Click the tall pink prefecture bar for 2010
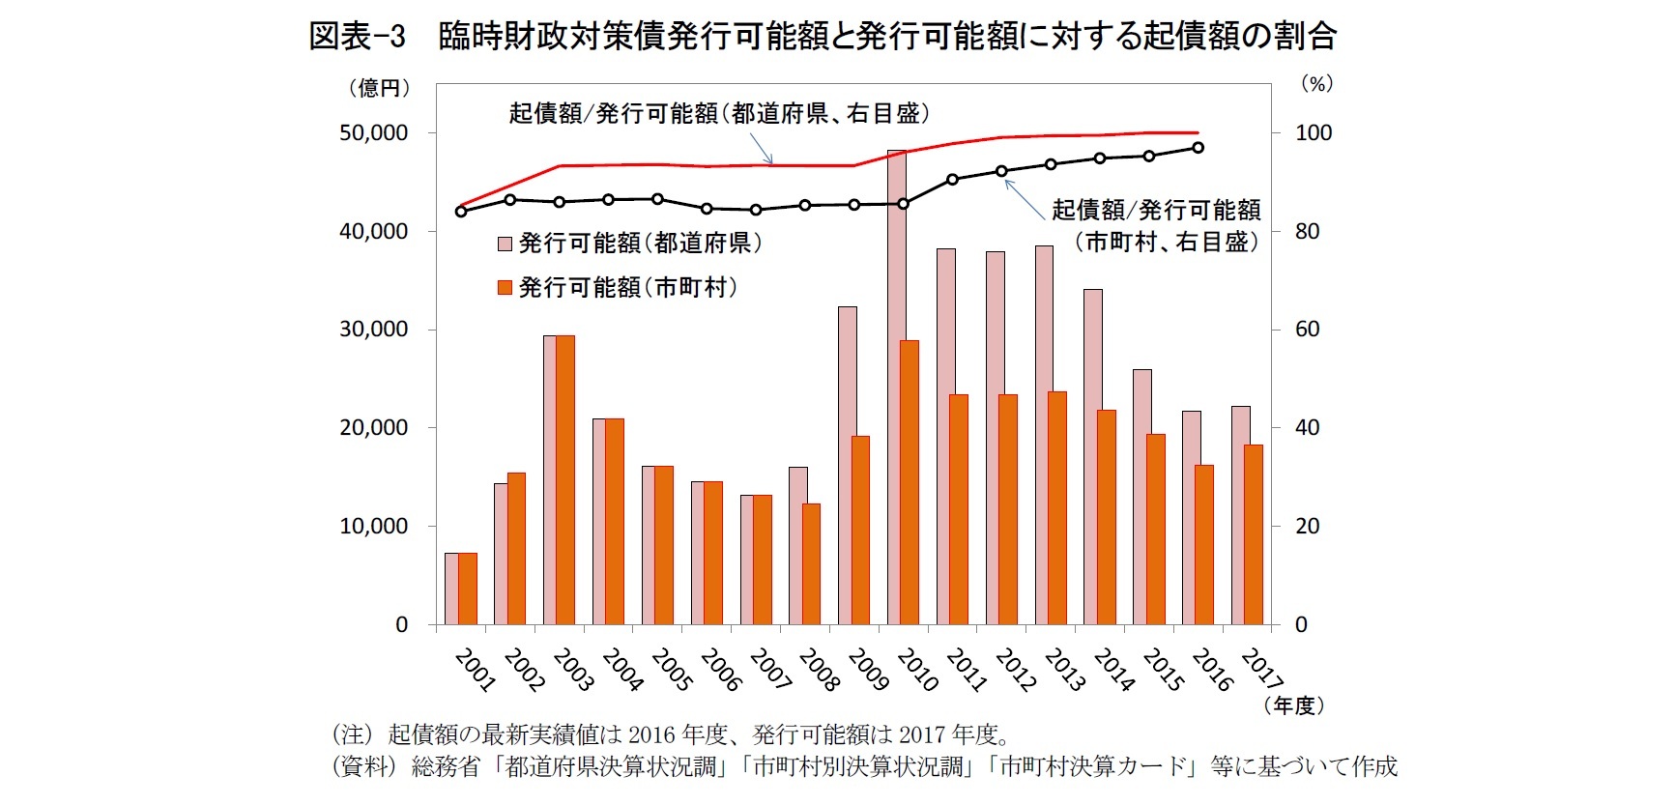point(896,387)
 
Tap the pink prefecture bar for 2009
point(847,465)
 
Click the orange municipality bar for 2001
point(468,589)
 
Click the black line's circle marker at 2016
point(1198,148)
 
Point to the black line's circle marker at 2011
point(952,179)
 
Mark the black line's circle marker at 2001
point(460,212)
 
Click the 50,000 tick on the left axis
point(373,133)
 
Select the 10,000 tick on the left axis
point(373,527)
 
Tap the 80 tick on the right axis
point(1307,232)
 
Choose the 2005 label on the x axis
point(671,670)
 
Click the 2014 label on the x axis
point(1112,670)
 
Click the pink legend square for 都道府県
point(504,244)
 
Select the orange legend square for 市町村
point(504,288)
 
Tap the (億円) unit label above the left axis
point(379,88)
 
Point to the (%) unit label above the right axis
point(1316,84)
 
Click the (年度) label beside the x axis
point(1293,705)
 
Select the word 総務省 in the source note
point(446,767)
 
